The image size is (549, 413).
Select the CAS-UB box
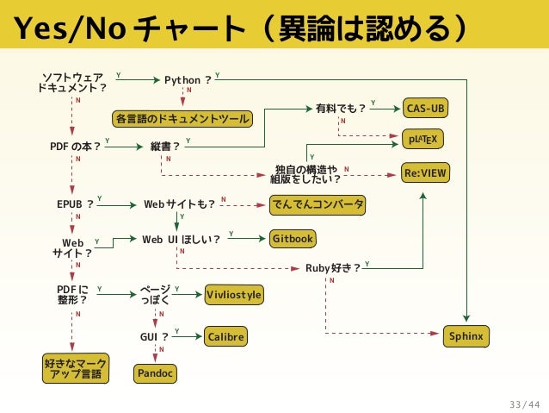click(426, 109)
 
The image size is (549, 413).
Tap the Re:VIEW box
click(426, 173)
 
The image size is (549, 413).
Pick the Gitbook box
click(293, 238)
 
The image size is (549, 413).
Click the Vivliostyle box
click(234, 295)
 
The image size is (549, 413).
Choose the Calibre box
click(225, 336)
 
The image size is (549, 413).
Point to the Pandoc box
click(155, 373)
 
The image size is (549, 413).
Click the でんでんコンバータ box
click(317, 204)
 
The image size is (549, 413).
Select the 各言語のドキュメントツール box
click(182, 118)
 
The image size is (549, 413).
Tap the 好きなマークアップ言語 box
click(76, 368)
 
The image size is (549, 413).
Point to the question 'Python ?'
click(188, 80)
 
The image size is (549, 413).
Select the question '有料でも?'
click(341, 109)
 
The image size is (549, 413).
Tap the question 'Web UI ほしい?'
click(181, 238)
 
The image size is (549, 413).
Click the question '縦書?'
click(164, 146)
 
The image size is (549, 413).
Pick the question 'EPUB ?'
click(75, 204)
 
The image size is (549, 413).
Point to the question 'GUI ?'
click(154, 336)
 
